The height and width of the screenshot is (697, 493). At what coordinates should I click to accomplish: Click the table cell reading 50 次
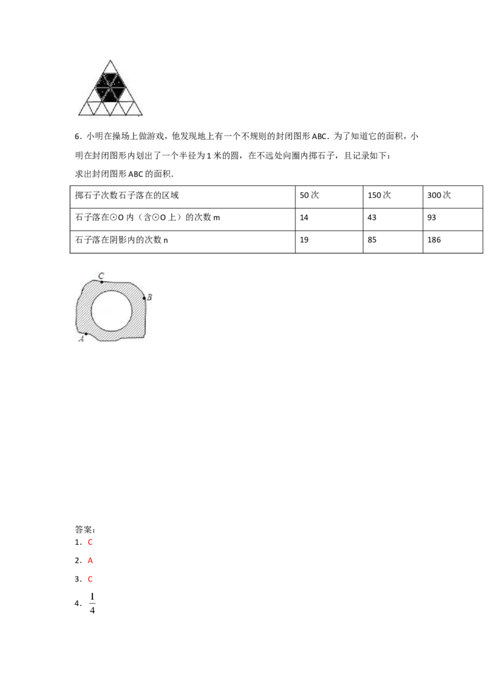329,197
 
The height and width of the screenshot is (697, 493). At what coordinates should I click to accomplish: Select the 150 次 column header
393,197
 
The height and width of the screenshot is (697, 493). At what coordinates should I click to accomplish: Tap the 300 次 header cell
452,197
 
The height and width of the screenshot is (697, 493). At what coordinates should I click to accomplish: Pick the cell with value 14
329,219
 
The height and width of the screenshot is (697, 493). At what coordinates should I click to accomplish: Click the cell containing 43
393,219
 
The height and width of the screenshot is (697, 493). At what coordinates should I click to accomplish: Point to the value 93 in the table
452,219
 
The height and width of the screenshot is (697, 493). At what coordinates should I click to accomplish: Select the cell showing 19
329,242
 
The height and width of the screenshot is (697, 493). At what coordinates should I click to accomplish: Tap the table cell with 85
393,242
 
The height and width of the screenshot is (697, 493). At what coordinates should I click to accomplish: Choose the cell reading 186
452,242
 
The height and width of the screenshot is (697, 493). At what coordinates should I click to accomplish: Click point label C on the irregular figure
101,276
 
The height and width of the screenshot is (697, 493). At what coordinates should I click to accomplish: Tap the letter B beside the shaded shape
150,297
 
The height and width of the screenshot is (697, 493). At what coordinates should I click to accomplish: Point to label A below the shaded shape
81,339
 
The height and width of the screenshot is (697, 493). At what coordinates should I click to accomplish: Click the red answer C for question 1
90,542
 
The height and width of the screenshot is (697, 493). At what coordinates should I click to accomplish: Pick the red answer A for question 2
90,560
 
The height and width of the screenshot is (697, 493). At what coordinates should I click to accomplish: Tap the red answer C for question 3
90,579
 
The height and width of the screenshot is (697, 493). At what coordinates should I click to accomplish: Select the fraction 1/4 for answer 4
92,603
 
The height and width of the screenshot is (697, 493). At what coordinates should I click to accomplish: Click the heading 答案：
85,530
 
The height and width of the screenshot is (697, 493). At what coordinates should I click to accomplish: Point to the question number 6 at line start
77,137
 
